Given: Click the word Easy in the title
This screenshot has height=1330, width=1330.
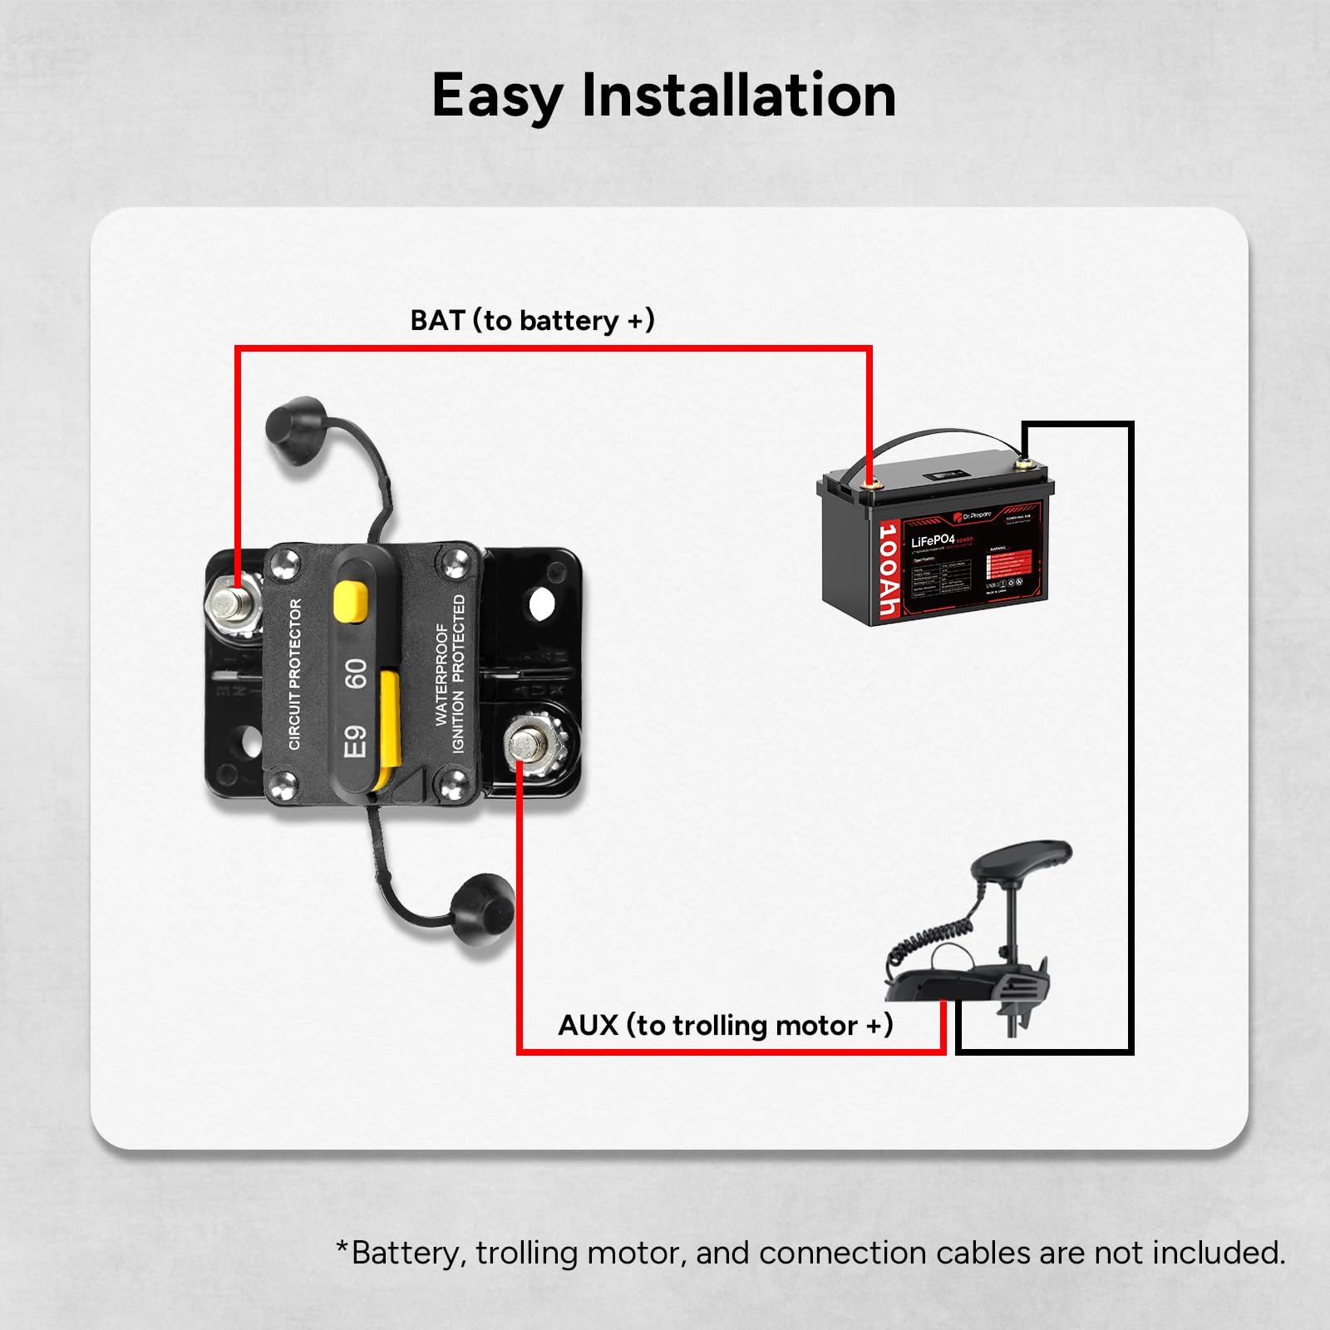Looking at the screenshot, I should pyautogui.click(x=496, y=96).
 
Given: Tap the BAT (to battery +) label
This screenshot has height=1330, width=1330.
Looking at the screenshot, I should pyautogui.click(x=532, y=320).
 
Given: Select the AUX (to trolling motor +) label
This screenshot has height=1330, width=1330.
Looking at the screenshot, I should pyautogui.click(x=725, y=1025).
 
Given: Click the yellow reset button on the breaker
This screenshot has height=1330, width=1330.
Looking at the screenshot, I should pyautogui.click(x=351, y=601).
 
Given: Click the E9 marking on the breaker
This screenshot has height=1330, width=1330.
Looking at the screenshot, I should pyautogui.click(x=356, y=741).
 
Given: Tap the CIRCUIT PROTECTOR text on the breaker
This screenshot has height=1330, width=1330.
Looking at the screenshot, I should pyautogui.click(x=295, y=673).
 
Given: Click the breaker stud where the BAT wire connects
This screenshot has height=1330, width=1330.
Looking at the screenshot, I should pyautogui.click(x=232, y=600).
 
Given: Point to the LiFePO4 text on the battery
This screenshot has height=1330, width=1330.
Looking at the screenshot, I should pyautogui.click(x=933, y=541).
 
